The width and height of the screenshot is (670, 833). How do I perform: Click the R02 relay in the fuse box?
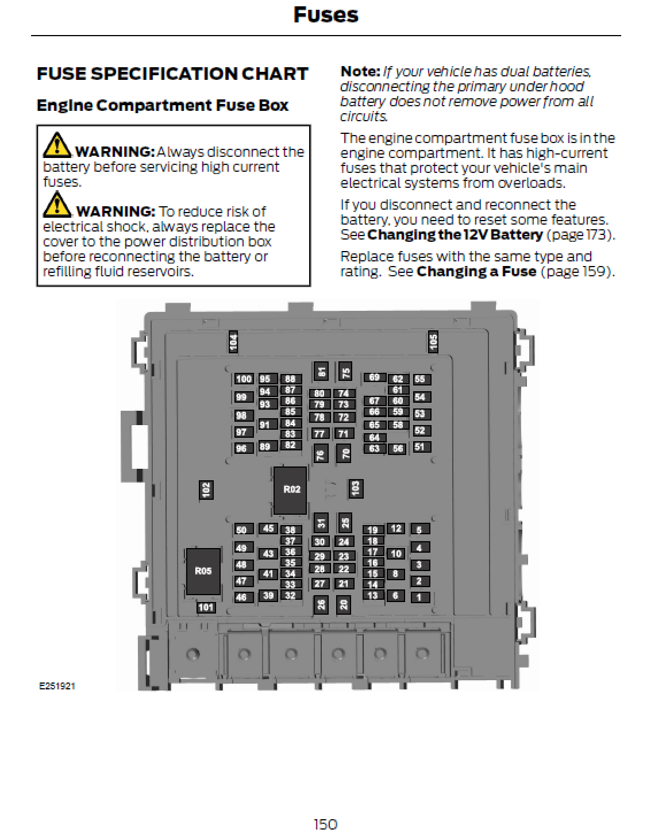pos(290,490)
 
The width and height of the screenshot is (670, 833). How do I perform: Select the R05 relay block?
pos(203,571)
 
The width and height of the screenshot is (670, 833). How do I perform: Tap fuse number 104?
pos(233,342)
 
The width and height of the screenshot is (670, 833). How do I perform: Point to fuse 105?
pos(433,341)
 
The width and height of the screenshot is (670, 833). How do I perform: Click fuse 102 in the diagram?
pos(206,490)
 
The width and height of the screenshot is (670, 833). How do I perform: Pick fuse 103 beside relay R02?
pos(356,489)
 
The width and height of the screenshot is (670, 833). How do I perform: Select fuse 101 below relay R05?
pos(206,607)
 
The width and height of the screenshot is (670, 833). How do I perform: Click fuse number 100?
pos(244,379)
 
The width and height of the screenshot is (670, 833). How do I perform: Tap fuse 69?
pos(375,377)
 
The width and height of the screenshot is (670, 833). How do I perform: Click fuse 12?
pos(396,529)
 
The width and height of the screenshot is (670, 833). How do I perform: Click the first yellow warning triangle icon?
pos(57,145)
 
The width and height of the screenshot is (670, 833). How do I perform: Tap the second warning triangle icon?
pos(57,205)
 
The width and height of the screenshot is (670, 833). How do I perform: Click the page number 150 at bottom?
pos(325,824)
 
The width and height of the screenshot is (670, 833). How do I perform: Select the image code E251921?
pos(57,687)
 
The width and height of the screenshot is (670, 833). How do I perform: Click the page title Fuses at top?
pos(326,15)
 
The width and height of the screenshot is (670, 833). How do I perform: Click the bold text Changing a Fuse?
pos(476,272)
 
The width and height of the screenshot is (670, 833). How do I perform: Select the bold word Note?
pos(360,72)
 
